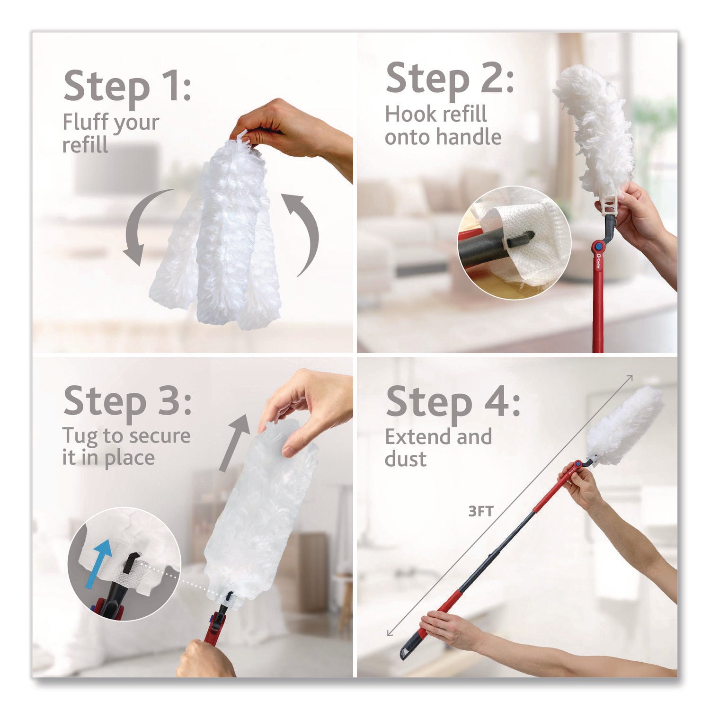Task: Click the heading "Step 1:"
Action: pos(127,87)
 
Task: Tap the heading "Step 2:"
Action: pos(449,80)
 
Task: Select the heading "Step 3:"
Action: pos(127,401)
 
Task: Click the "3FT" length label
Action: pos(480,511)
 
